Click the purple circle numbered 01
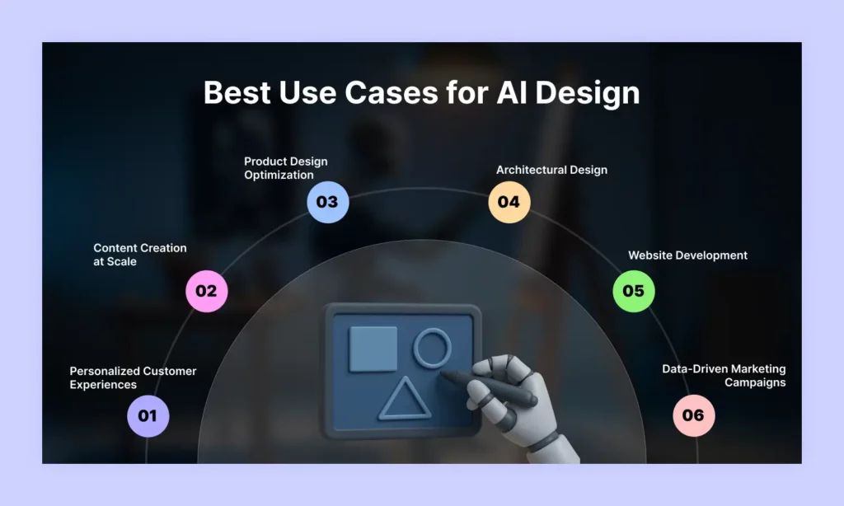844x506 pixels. coord(148,415)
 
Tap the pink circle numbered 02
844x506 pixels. coord(206,290)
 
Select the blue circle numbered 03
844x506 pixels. coord(327,202)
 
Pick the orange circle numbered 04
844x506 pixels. coord(509,202)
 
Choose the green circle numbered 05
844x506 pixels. coord(633,290)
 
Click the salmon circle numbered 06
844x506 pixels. coord(693,415)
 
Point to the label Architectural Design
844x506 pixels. coord(551,170)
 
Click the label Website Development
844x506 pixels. coord(687,255)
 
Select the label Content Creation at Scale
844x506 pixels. coord(140,254)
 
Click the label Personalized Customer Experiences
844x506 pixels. coord(133,377)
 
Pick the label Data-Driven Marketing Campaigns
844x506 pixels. coord(724,375)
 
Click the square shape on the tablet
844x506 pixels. coord(373,348)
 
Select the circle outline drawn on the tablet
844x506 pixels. coord(432,347)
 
